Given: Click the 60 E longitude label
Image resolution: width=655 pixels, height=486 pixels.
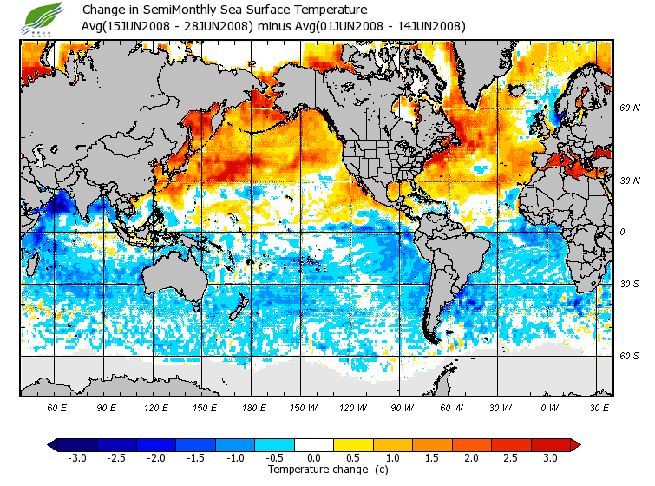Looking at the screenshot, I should click(x=57, y=407).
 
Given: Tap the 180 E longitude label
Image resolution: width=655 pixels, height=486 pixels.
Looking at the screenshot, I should click(x=254, y=407).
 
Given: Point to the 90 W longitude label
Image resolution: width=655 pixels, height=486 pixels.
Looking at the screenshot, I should click(x=402, y=407).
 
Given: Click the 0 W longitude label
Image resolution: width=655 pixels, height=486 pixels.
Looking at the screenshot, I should click(x=549, y=407).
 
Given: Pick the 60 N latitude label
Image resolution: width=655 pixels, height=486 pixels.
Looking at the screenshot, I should click(x=628, y=108).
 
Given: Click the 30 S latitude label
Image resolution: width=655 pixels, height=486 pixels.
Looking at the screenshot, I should click(x=628, y=285).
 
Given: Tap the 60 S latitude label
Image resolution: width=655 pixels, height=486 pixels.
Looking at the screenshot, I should click(x=628, y=356).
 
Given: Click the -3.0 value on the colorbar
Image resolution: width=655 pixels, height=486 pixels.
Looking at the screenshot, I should click(x=77, y=457).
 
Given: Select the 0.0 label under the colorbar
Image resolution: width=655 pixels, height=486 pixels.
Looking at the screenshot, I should click(x=314, y=457).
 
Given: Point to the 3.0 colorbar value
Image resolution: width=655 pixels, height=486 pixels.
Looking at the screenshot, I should click(x=550, y=457).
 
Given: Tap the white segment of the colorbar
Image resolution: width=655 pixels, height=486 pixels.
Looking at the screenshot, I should click(x=314, y=445).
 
